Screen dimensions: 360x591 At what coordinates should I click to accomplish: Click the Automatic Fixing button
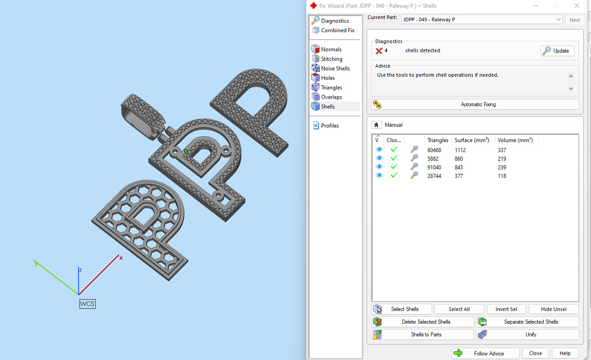click(475, 104)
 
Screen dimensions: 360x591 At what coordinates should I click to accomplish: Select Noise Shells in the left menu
click(335, 69)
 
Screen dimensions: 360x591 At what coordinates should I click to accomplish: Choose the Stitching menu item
click(332, 59)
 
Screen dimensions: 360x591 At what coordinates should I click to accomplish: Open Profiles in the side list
click(330, 126)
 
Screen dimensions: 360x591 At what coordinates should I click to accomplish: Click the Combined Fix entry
click(338, 30)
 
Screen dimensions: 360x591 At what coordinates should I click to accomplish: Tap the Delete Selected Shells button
click(423, 322)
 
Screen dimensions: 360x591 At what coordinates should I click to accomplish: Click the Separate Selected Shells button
click(527, 322)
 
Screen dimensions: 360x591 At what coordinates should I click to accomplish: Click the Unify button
click(527, 335)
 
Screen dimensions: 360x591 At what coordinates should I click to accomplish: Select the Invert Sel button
click(506, 309)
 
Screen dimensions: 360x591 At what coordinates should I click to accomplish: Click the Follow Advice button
click(485, 353)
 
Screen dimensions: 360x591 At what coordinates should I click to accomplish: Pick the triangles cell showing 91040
click(434, 168)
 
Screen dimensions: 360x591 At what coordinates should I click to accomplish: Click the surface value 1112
click(460, 150)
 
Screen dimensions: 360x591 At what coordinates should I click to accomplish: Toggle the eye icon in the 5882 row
click(379, 158)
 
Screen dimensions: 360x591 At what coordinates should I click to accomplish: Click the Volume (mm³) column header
click(515, 140)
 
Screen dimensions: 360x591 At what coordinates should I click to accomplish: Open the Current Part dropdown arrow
click(559, 20)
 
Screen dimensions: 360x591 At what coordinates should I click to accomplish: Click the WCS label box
click(87, 304)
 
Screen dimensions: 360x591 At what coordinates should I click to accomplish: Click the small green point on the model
click(186, 151)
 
